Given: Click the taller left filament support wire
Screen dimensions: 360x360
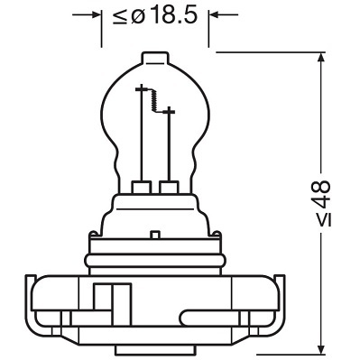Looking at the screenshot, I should coord(142,135).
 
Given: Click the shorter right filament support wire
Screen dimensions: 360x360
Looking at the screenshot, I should coord(170,144).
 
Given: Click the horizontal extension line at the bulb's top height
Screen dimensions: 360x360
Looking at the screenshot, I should coord(271,52).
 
